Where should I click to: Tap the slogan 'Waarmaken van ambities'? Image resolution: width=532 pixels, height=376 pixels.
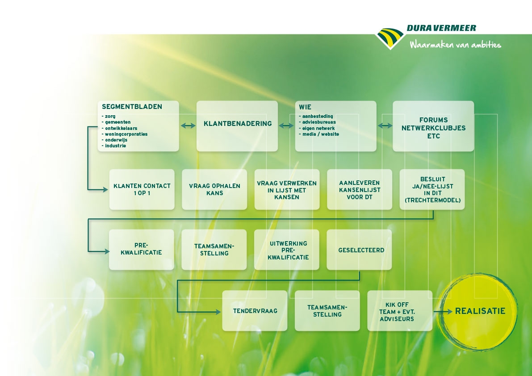pos(455,44)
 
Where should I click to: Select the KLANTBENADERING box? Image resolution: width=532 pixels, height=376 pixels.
pos(237,126)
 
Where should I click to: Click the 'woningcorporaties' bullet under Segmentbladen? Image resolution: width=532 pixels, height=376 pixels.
pos(125,134)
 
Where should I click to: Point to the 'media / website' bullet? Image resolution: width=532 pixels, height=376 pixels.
pos(319,134)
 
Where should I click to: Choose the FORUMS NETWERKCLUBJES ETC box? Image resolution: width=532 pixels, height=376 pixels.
pos(433,126)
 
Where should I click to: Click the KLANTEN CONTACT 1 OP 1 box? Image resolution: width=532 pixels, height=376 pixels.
pos(142,189)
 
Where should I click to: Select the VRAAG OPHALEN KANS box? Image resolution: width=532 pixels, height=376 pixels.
pos(214,189)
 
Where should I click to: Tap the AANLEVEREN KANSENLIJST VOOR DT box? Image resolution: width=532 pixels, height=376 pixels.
pos(360,189)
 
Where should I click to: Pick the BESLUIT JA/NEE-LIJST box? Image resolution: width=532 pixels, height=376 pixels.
pos(432,189)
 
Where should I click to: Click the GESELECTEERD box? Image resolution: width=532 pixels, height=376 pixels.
pos(359,250)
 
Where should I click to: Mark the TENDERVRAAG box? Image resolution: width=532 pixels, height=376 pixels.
pos(255,311)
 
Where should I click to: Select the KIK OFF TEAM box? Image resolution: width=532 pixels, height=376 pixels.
pos(400,311)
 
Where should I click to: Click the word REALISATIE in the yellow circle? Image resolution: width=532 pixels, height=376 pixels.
pos(480,311)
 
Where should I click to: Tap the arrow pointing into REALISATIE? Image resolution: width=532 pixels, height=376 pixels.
pos(443,311)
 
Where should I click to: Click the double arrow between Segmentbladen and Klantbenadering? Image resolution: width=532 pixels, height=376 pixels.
pos(188,126)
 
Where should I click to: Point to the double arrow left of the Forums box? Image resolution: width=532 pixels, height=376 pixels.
pos(385,126)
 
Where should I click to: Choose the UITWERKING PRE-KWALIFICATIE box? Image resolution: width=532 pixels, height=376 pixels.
pos(287,250)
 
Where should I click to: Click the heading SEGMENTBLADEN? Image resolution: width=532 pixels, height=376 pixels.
pos(132,107)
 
